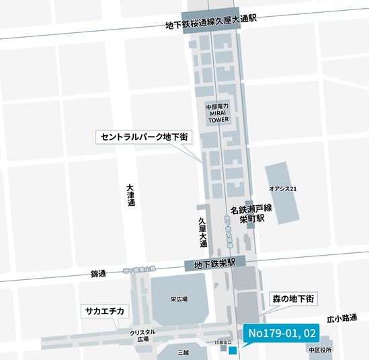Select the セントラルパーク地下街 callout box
(x=144, y=137)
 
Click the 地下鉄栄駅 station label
(x=214, y=263)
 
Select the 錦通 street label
(x=98, y=274)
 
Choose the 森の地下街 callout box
(x=293, y=297)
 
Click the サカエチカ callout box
(x=104, y=311)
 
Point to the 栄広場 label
(x=178, y=299)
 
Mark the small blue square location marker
(x=232, y=351)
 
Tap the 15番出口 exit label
(x=221, y=343)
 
